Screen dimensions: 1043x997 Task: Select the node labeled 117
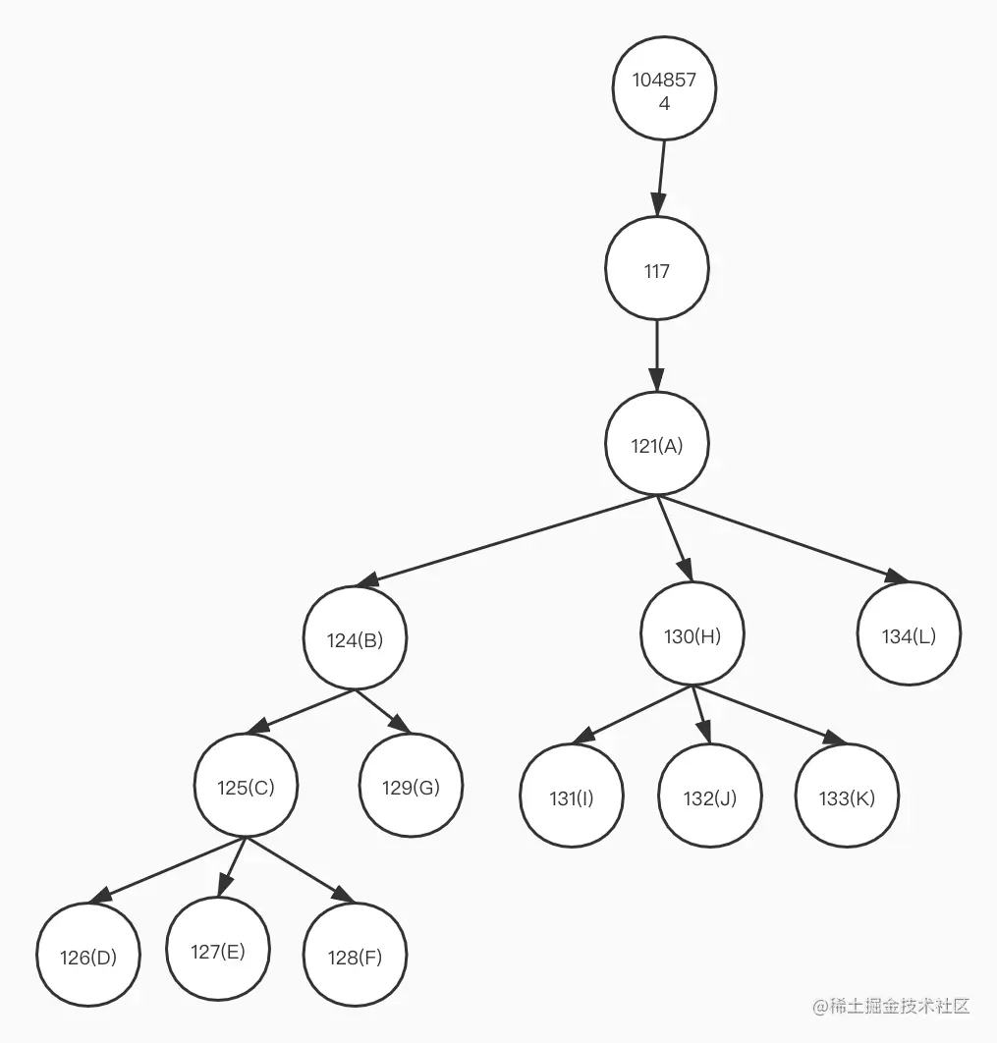(x=656, y=270)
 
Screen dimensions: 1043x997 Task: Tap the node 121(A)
(x=656, y=445)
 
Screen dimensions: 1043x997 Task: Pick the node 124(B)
(x=355, y=639)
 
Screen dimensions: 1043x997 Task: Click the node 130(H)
(x=692, y=635)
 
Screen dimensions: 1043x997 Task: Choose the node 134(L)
(x=909, y=635)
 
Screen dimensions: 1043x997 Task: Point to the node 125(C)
(x=246, y=788)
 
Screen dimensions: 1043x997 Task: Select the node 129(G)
(x=411, y=788)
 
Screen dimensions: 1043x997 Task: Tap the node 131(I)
(x=571, y=797)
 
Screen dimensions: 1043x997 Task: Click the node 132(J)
(x=709, y=797)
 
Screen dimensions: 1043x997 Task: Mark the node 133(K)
(x=847, y=797)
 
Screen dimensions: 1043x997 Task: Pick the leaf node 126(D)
(x=88, y=958)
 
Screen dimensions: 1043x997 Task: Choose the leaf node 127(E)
(x=218, y=951)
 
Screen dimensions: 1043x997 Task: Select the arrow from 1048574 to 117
(x=660, y=178)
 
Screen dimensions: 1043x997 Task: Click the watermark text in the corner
(x=891, y=1006)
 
